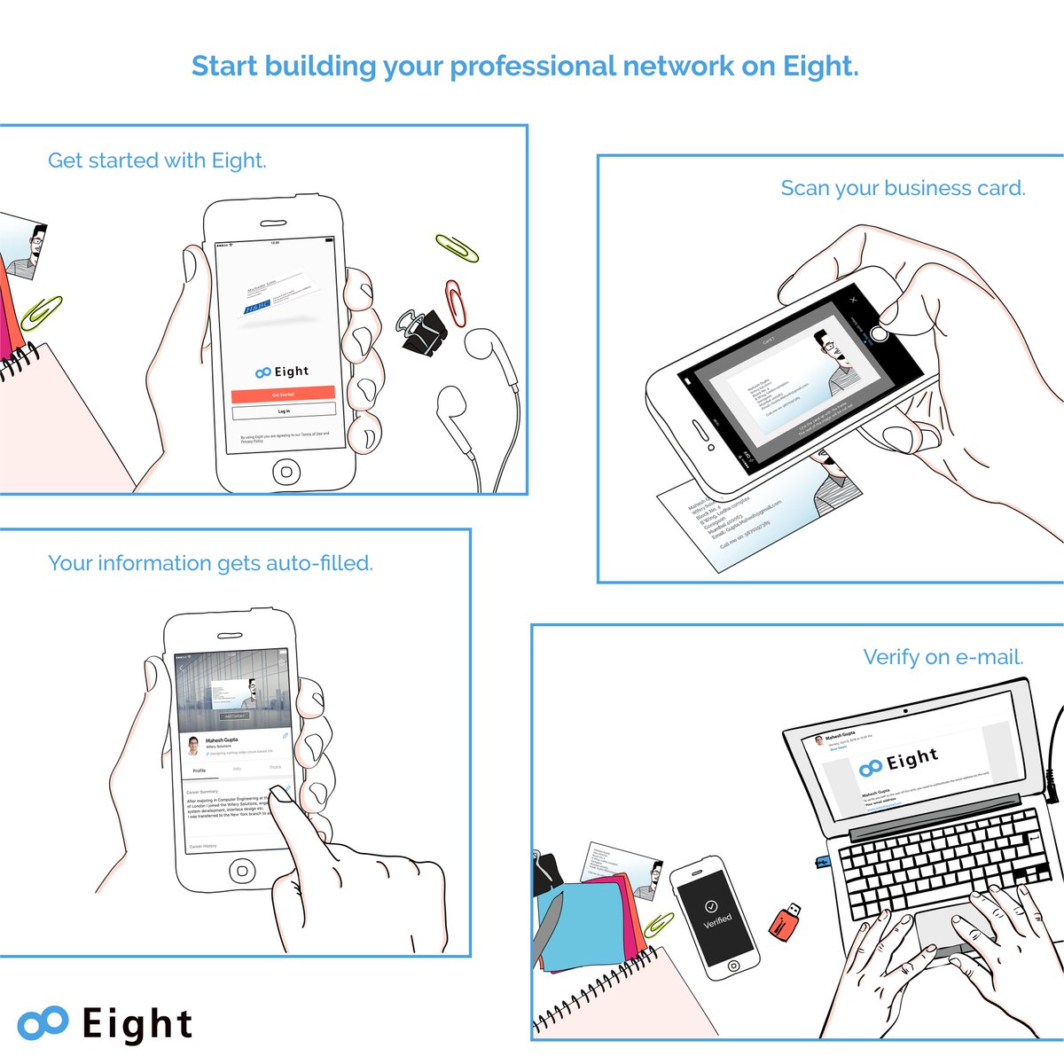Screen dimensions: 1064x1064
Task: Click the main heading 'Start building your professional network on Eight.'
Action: click(x=525, y=66)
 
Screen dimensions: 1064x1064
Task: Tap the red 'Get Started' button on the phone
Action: click(x=283, y=394)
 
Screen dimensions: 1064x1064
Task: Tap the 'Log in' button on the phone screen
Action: click(x=284, y=411)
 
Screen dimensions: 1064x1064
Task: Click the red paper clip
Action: click(x=456, y=302)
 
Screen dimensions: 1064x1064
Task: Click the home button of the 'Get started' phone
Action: click(x=286, y=471)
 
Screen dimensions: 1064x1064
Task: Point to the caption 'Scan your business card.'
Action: click(x=902, y=188)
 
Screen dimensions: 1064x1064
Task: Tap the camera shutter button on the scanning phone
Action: click(x=879, y=334)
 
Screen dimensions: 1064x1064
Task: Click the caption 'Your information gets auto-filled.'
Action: click(x=210, y=563)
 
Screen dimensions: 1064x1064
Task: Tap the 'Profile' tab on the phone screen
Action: click(x=199, y=771)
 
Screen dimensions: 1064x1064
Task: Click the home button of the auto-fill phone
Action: click(x=242, y=871)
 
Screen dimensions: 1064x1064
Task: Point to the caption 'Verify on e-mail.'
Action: click(x=943, y=657)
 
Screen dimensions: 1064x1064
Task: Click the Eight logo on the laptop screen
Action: click(x=898, y=762)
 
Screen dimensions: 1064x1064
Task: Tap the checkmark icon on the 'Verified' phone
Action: click(x=710, y=906)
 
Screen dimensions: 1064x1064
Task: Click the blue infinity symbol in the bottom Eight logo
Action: click(x=43, y=1022)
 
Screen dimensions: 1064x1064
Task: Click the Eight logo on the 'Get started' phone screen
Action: click(x=282, y=372)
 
